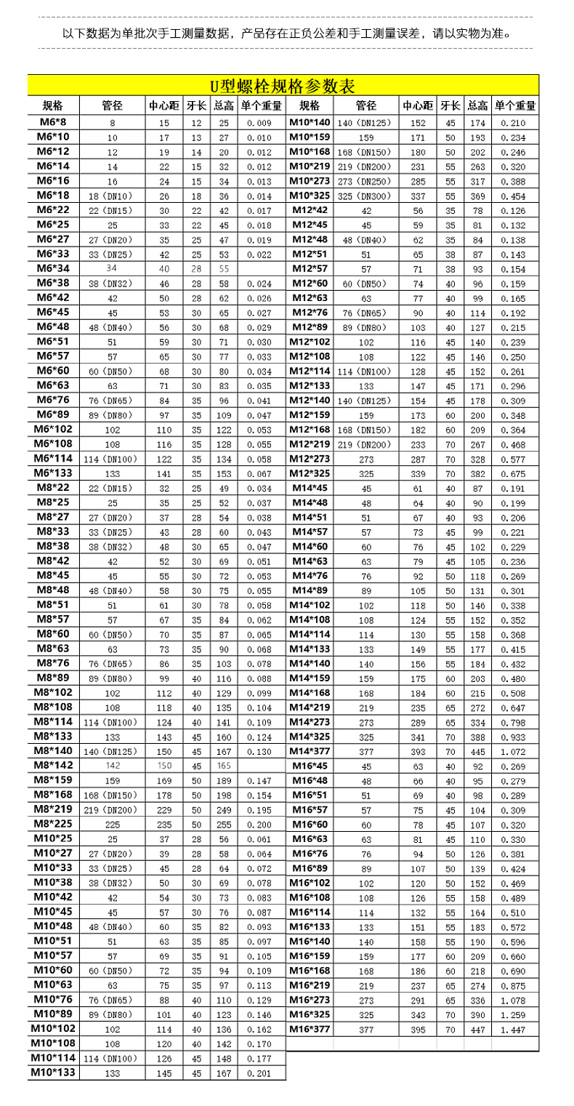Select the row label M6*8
pyautogui.click(x=53, y=122)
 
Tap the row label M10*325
pyautogui.click(x=310, y=196)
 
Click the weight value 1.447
pyautogui.click(x=515, y=1029)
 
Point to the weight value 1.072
pyautogui.click(x=515, y=751)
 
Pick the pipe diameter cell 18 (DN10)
pyautogui.click(x=112, y=196)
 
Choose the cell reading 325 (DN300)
pyautogui.click(x=365, y=196)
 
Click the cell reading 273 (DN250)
pyautogui.click(x=365, y=181)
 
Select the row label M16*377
pyautogui.click(x=310, y=1029)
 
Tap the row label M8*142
pyautogui.click(x=53, y=765)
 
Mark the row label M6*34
pyautogui.click(x=53, y=268)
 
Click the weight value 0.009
pyautogui.click(x=259, y=123)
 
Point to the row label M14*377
pyautogui.click(x=310, y=751)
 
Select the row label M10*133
pyautogui.click(x=53, y=1073)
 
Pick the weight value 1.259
pyautogui.click(x=515, y=1014)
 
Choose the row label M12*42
pyautogui.click(x=310, y=210)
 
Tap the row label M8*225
pyautogui.click(x=53, y=825)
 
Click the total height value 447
pyautogui.click(x=477, y=1029)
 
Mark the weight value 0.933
pyautogui.click(x=515, y=737)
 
